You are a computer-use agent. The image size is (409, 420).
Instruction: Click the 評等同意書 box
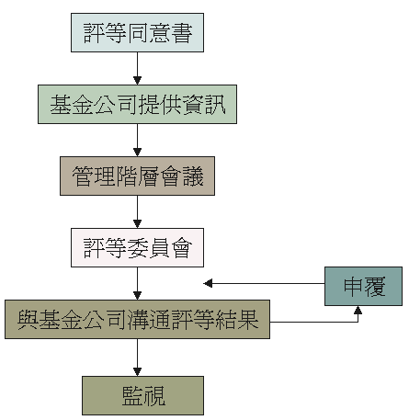tap(137, 32)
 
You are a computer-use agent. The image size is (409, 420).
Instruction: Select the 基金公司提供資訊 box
tap(137, 104)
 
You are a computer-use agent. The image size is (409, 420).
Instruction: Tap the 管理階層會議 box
tap(137, 176)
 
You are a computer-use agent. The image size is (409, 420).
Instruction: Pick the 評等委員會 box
tap(137, 247)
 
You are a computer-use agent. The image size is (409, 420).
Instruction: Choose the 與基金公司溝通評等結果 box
tap(137, 319)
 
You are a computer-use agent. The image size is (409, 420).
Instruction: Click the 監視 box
tap(142, 395)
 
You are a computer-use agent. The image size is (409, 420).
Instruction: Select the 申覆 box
tap(363, 286)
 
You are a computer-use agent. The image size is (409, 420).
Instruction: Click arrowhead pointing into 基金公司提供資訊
tap(137, 81)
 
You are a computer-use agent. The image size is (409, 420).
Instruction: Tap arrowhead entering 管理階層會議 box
tap(137, 153)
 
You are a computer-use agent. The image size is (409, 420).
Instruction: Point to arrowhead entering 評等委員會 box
tap(137, 224)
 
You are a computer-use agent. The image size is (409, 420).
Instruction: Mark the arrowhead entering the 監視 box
tap(137, 372)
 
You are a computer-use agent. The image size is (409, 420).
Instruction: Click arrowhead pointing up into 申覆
tap(358, 310)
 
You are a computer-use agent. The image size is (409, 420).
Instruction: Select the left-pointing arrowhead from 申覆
tap(208, 283)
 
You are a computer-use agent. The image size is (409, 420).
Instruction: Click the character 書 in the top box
tap(182, 33)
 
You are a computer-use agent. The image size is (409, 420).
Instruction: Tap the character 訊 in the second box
tap(215, 105)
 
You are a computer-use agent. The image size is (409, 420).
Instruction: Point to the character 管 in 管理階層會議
tap(83, 176)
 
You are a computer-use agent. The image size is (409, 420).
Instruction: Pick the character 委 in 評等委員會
tap(138, 248)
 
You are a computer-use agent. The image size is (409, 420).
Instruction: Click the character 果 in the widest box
tap(248, 320)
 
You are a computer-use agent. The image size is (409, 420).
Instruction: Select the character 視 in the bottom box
tap(154, 396)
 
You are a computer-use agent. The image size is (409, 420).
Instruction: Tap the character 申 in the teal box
tap(353, 287)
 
